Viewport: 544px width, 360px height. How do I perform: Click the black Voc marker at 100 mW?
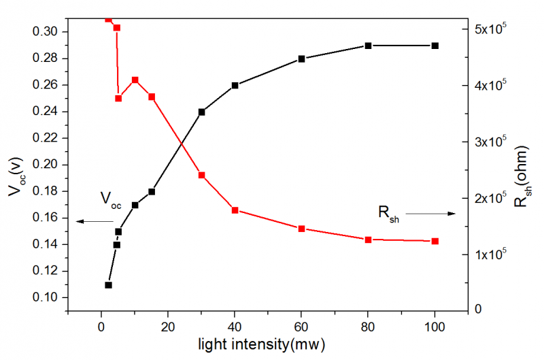tap(435, 46)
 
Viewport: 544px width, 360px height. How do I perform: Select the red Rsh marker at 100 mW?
tap(435, 241)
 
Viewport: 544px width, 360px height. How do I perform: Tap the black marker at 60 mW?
tap(301, 59)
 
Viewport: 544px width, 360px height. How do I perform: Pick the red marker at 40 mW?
tap(235, 210)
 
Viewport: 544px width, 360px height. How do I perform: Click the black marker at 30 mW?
tap(201, 112)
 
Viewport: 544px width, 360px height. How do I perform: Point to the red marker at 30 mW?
tap(201, 175)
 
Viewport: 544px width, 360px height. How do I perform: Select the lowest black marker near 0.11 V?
tap(108, 285)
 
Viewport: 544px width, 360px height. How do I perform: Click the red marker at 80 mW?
tap(368, 240)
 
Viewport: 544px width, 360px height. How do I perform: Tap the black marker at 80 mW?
tap(368, 46)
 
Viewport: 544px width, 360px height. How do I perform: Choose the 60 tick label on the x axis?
tap(301, 325)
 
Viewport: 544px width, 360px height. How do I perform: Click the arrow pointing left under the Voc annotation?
tap(95, 222)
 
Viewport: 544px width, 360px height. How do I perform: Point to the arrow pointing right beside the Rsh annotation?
tap(430, 214)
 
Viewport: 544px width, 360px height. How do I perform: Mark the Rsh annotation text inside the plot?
tap(388, 214)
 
